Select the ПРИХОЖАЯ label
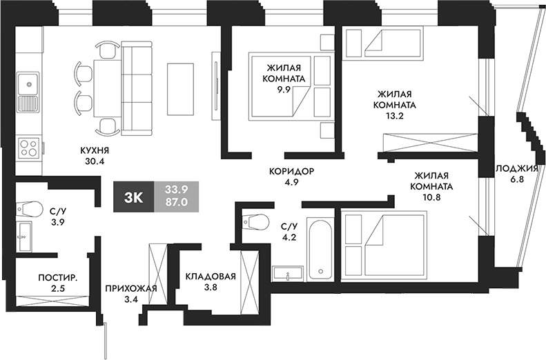coord(128,288)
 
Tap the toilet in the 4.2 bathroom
coord(256,221)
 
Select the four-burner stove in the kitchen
coord(28,147)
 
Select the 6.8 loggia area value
coord(516,182)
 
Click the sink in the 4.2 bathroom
coord(288,273)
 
